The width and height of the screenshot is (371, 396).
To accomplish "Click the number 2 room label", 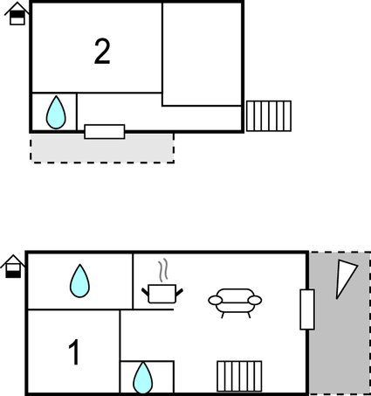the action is tap(102, 52).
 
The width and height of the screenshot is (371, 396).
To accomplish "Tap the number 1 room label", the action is tap(74, 352).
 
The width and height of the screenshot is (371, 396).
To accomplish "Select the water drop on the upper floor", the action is tap(56, 113).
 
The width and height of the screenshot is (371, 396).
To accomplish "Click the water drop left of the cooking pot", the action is tap(79, 281).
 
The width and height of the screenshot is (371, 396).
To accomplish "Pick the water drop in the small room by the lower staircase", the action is tap(142, 378).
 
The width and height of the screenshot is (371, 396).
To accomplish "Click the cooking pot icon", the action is tap(162, 294).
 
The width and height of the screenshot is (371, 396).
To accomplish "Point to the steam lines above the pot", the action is tap(163, 270).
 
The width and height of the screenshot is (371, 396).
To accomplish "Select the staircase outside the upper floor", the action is tap(269, 116).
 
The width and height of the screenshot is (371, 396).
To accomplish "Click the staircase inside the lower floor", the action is tap(239, 376).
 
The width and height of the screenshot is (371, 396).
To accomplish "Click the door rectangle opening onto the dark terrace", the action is tap(307, 309).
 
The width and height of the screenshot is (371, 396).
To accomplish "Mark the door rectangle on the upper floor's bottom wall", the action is tap(105, 132).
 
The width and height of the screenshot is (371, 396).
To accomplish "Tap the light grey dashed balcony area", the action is tap(102, 148).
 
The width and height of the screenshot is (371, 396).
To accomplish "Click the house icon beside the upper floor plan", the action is tap(17, 13).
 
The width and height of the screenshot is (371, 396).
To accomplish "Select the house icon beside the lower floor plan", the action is tap(13, 267).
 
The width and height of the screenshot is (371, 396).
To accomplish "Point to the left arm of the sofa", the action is tap(215, 301).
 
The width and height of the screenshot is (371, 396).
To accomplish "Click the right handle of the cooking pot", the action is tap(179, 293).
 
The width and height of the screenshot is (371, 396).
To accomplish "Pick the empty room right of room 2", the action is tap(202, 54).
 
